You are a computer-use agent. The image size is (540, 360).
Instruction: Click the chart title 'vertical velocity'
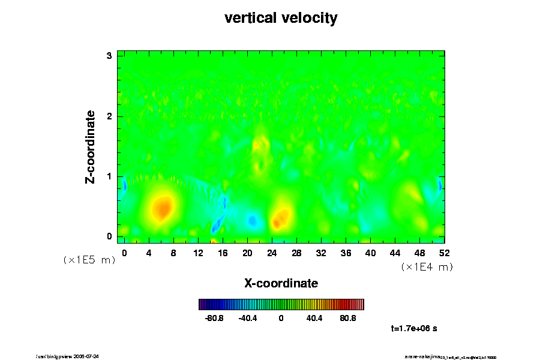pyautogui.click(x=281, y=18)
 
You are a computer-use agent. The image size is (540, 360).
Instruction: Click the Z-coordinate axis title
pyautogui.click(x=91, y=146)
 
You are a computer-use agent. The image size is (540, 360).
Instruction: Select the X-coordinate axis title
pyautogui.click(x=281, y=283)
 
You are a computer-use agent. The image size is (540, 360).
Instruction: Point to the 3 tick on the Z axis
pyautogui.click(x=110, y=56)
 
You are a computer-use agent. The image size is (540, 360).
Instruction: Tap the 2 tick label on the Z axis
pyautogui.click(x=110, y=116)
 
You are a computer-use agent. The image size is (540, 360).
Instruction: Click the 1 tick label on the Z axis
pyautogui.click(x=110, y=176)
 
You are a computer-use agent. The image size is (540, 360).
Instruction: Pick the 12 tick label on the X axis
pyautogui.click(x=198, y=253)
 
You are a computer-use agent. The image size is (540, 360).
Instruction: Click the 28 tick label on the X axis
pyautogui.click(x=296, y=253)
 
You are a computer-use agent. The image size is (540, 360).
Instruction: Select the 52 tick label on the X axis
pyautogui.click(x=444, y=253)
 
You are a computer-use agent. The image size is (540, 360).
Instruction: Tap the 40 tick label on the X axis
pyautogui.click(x=370, y=253)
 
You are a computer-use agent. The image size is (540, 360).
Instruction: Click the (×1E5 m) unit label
pyautogui.click(x=89, y=260)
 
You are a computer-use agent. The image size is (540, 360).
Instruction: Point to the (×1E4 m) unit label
pyautogui.click(x=427, y=267)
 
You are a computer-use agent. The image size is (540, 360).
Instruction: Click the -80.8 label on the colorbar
pyautogui.click(x=214, y=318)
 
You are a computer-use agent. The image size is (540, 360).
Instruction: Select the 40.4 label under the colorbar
pyautogui.click(x=314, y=318)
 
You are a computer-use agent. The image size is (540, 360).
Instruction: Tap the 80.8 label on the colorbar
pyautogui.click(x=348, y=318)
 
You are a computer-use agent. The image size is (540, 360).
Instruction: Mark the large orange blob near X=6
pyautogui.click(x=162, y=208)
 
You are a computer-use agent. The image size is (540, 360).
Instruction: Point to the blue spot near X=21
pyautogui.click(x=253, y=220)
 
